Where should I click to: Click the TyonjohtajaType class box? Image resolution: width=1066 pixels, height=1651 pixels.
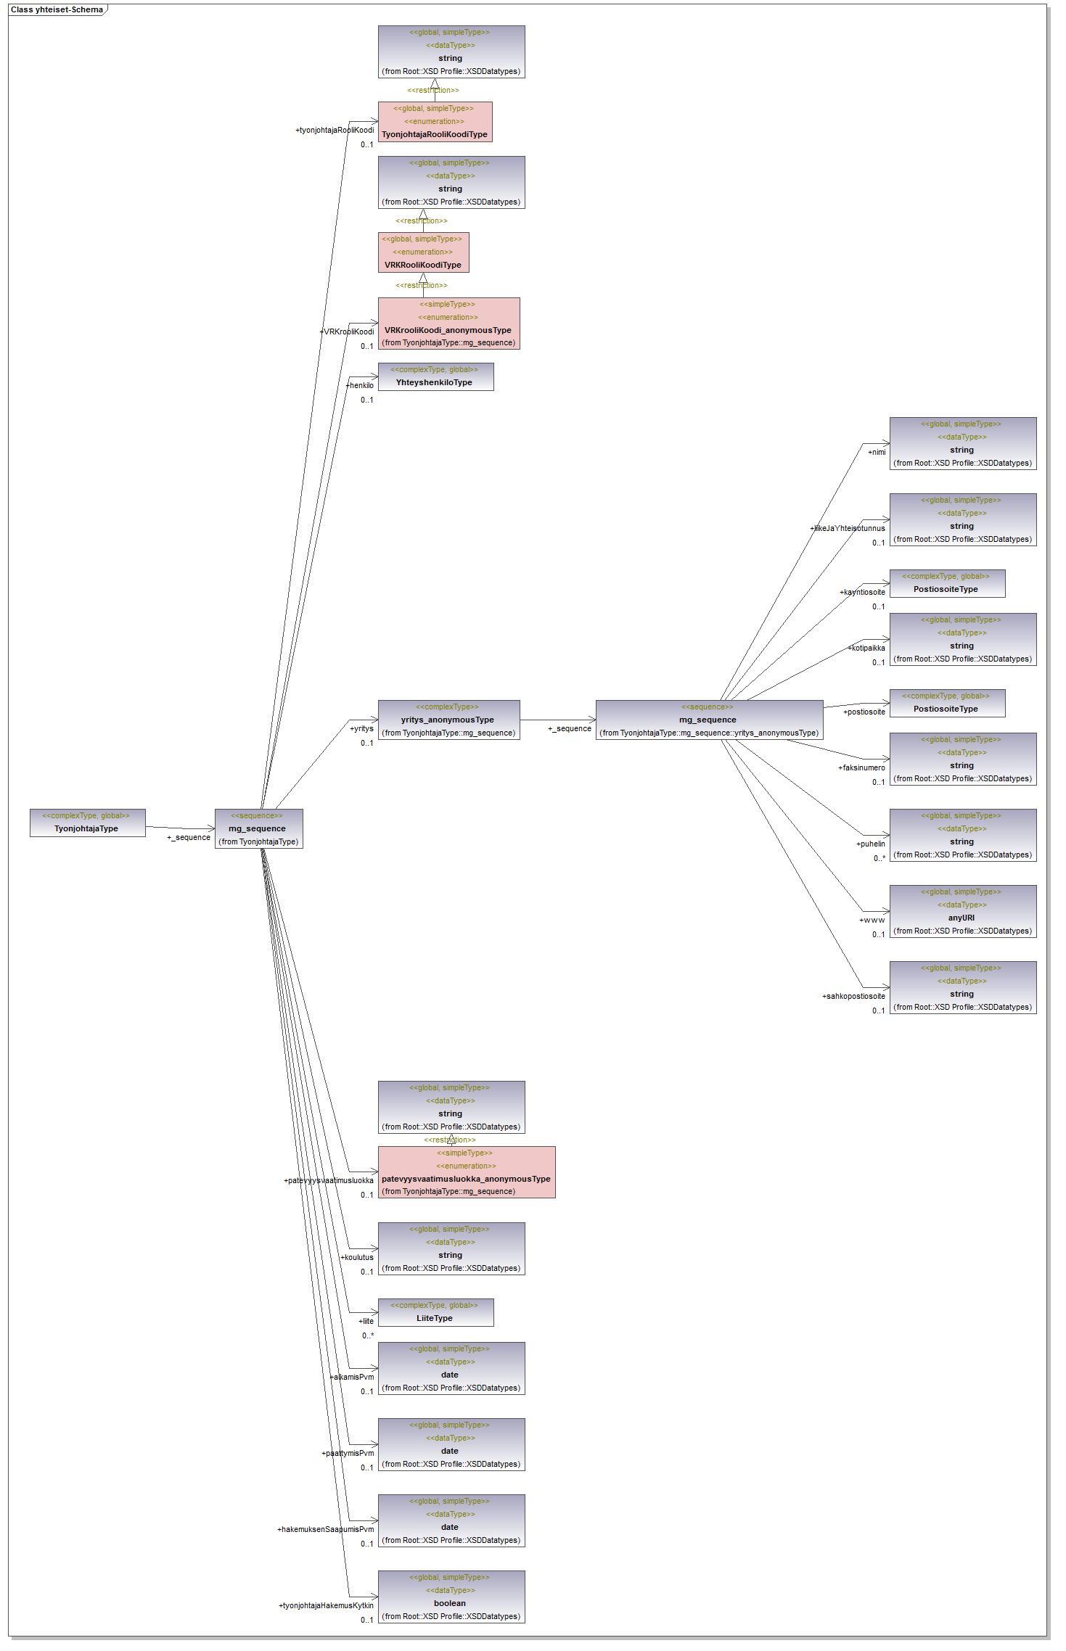pyautogui.click(x=87, y=823)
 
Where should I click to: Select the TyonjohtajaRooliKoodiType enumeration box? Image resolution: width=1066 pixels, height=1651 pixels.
pyautogui.click(x=435, y=122)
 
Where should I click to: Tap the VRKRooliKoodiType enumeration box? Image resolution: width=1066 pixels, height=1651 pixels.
pyautogui.click(x=423, y=252)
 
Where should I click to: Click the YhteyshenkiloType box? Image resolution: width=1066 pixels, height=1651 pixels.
pyautogui.click(x=435, y=376)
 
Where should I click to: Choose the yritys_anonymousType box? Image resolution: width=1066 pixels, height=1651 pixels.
pyautogui.click(x=448, y=720)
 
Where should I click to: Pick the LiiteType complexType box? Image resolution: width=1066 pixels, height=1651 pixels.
pyautogui.click(x=435, y=1312)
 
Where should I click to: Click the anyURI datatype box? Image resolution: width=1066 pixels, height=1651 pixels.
pyautogui.click(x=962, y=911)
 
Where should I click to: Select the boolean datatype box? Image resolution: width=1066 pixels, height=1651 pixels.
pyautogui.click(x=451, y=1597)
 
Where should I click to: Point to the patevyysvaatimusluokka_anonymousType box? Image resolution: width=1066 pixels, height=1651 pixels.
pyautogui.click(x=466, y=1172)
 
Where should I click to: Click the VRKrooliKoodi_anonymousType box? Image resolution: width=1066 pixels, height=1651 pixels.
pyautogui.click(x=448, y=324)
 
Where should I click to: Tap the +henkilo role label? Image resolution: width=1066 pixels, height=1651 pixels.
pyautogui.click(x=361, y=385)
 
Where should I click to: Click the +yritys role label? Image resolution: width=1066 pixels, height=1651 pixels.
pyautogui.click(x=362, y=728)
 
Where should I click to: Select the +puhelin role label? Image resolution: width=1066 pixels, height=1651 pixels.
pyautogui.click(x=871, y=844)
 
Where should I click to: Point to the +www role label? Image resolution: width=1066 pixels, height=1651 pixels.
pyautogui.click(x=872, y=920)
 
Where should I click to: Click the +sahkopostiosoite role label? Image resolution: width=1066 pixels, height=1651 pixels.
pyautogui.click(x=853, y=996)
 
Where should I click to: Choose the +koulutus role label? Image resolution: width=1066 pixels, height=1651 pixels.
pyautogui.click(x=358, y=1257)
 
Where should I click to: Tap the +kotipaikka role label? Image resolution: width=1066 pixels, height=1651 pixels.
pyautogui.click(x=867, y=648)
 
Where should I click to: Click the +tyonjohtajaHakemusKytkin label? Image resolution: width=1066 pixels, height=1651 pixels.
pyautogui.click(x=327, y=1605)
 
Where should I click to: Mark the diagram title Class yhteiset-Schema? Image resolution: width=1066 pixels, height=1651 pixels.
pyautogui.click(x=57, y=9)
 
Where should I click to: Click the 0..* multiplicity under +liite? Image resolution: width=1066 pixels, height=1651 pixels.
pyautogui.click(x=368, y=1335)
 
